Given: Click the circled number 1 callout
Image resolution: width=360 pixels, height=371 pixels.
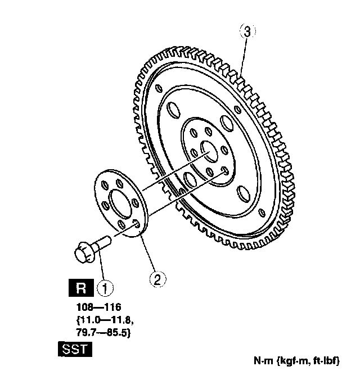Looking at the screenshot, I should tap(105, 288).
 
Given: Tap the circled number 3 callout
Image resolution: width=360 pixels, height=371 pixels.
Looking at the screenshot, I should tap(246, 31).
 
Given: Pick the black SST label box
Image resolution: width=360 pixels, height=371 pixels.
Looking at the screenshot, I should tap(73, 349).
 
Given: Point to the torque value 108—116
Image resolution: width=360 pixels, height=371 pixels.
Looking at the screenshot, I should tap(98, 307).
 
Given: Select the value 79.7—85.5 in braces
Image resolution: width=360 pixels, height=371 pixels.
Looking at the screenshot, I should tap(103, 332).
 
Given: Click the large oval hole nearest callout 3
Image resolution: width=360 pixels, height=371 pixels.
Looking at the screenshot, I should tap(227, 122).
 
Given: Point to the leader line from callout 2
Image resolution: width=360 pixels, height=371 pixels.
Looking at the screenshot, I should tap(148, 256).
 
